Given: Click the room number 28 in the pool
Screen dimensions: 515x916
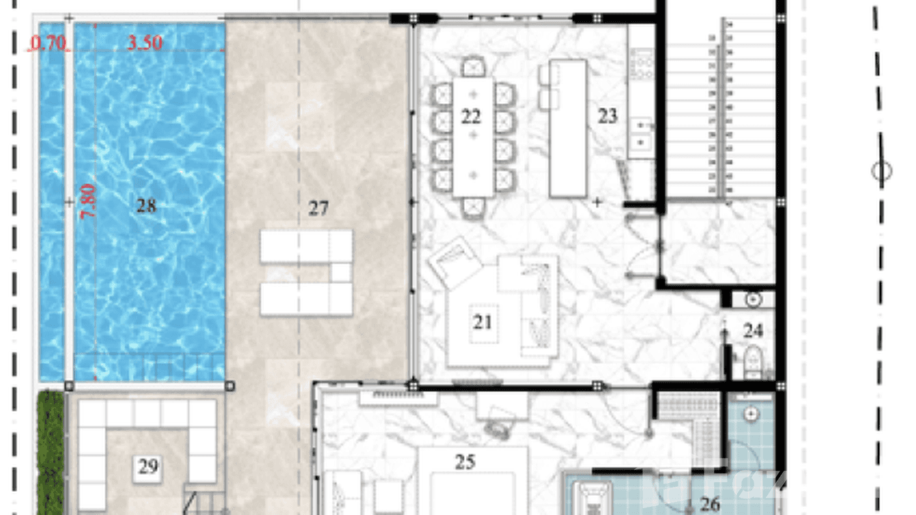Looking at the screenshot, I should (146, 205).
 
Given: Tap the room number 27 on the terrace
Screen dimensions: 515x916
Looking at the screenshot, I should (318, 208).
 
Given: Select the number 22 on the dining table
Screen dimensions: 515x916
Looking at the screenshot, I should (471, 116).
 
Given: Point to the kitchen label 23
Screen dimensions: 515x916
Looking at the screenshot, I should (607, 116).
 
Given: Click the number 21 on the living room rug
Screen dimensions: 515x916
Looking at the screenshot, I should (483, 320).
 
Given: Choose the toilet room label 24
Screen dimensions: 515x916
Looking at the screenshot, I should (753, 331).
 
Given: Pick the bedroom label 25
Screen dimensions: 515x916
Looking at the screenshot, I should (465, 462).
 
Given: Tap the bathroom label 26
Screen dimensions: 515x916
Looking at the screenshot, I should (710, 505).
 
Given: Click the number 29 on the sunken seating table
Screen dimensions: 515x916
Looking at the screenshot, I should (148, 467).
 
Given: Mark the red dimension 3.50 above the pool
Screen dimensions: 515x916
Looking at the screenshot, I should (145, 42).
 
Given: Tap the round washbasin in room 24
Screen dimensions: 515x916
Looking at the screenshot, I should (754, 299).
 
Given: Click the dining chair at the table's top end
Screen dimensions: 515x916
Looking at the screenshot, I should (473, 66).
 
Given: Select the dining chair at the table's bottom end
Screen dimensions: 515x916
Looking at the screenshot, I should (473, 208).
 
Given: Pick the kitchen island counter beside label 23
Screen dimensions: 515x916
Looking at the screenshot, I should (568, 128).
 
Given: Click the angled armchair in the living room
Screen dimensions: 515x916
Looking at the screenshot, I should (448, 261).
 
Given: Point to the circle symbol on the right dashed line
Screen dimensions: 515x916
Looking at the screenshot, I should (882, 171).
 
